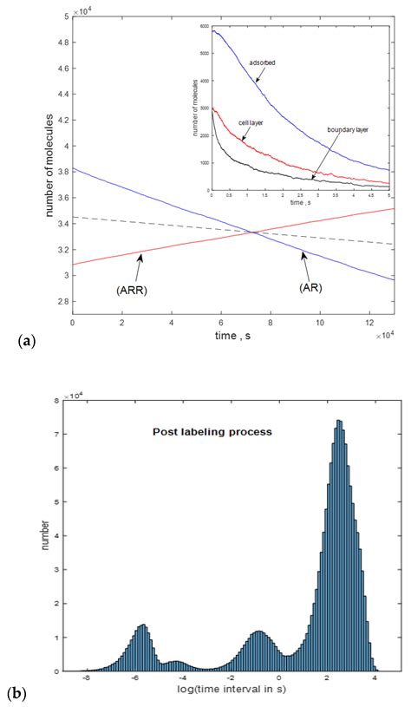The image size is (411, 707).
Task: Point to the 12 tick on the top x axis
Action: [369, 322]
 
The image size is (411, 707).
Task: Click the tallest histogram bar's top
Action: [338, 421]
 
